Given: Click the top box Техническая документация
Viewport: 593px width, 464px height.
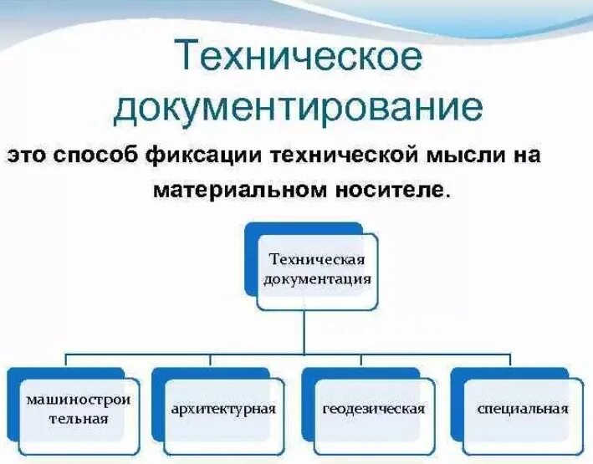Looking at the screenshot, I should [x=316, y=269].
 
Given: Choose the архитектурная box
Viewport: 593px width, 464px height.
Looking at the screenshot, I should [x=223, y=409].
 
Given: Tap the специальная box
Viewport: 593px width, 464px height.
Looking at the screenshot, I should [x=523, y=409].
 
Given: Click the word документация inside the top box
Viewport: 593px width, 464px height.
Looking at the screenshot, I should [x=317, y=280].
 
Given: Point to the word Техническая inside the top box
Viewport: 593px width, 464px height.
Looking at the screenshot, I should [x=317, y=260].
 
